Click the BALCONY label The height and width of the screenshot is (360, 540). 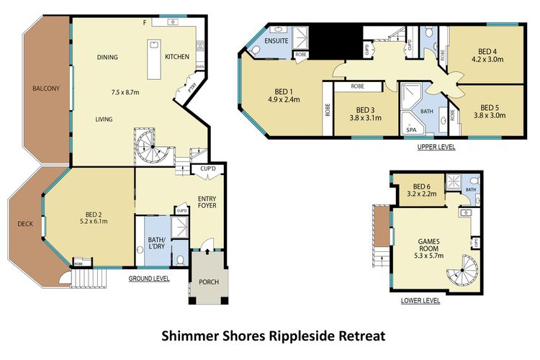point(46,89)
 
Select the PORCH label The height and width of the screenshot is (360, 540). point(209,281)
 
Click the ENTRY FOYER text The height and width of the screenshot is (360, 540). point(207,201)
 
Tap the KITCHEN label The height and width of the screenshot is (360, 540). point(177,57)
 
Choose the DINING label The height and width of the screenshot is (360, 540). point(108,58)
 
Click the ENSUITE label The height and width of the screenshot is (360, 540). point(276,41)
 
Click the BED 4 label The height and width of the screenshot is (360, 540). point(487,52)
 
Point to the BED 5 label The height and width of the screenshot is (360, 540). point(490,107)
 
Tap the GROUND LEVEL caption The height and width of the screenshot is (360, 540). point(149,278)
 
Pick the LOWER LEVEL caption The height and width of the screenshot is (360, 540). point(420,301)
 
